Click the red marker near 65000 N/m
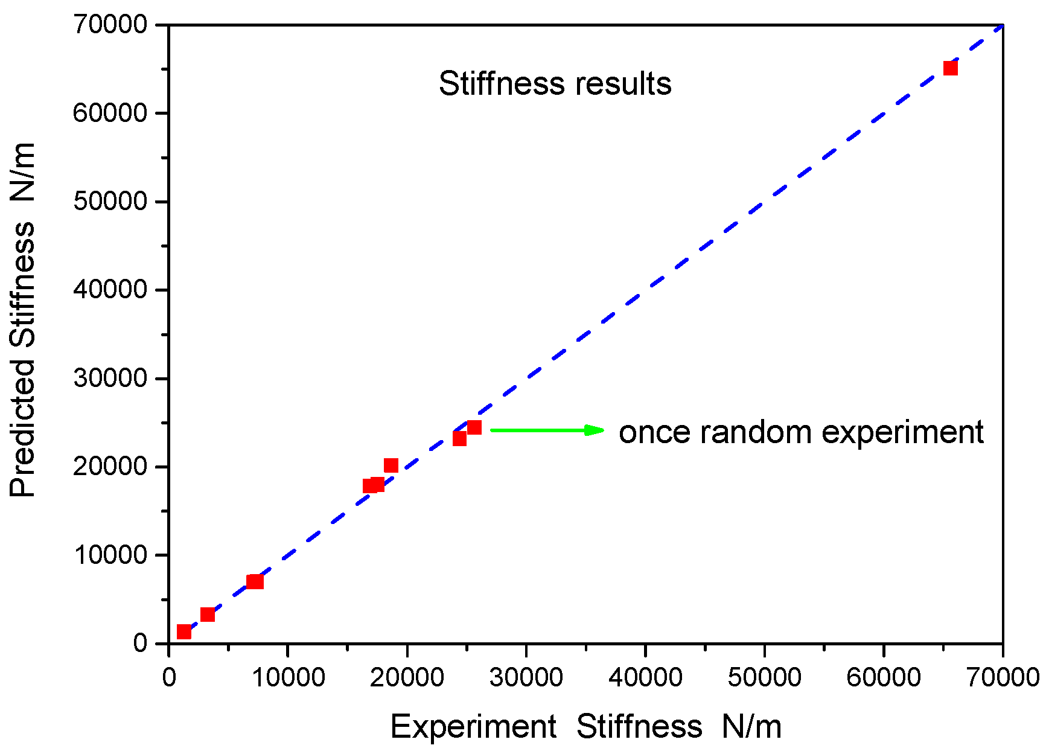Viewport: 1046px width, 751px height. click(x=950, y=68)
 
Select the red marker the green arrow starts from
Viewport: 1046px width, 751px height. click(x=474, y=428)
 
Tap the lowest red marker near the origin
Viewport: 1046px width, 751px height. click(x=184, y=632)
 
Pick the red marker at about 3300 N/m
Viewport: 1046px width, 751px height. click(x=208, y=615)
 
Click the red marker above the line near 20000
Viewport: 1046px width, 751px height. click(x=391, y=465)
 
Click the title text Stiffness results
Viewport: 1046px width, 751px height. click(x=555, y=83)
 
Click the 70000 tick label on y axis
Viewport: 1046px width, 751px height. click(x=110, y=25)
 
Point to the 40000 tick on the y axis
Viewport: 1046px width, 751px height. click(x=110, y=290)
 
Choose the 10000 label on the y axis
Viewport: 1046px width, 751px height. click(x=110, y=555)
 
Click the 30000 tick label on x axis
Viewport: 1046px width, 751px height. click(x=526, y=677)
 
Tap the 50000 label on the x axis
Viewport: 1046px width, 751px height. click(x=764, y=677)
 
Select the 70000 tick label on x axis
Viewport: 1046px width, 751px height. click(x=1003, y=677)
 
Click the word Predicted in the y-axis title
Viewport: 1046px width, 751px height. click(x=23, y=428)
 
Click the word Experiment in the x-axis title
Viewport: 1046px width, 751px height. click(x=473, y=726)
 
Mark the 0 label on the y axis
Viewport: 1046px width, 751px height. click(x=140, y=644)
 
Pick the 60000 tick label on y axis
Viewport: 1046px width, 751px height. click(x=110, y=113)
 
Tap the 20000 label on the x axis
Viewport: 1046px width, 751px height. click(x=407, y=677)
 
